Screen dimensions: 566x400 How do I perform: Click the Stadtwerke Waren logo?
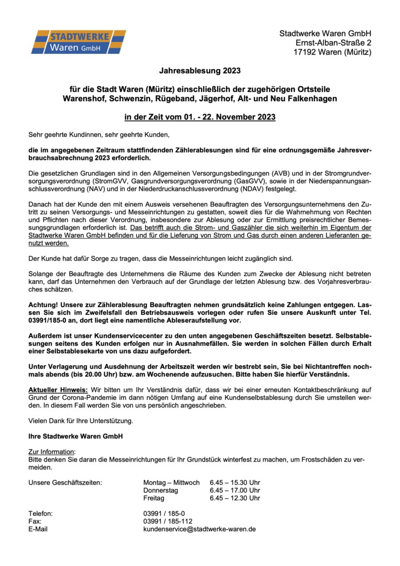tap(79, 42)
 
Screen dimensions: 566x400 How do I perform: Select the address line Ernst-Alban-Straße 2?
tap(334, 42)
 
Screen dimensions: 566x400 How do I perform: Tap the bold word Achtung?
tap(43, 304)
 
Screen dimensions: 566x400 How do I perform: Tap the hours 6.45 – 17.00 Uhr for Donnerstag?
tap(235, 491)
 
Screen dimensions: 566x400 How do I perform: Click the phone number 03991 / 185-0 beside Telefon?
tap(164, 514)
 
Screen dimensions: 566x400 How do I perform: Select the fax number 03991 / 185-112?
tap(168, 521)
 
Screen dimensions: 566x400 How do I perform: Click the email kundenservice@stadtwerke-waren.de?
tap(199, 529)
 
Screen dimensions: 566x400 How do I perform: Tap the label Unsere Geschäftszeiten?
tap(65, 483)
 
